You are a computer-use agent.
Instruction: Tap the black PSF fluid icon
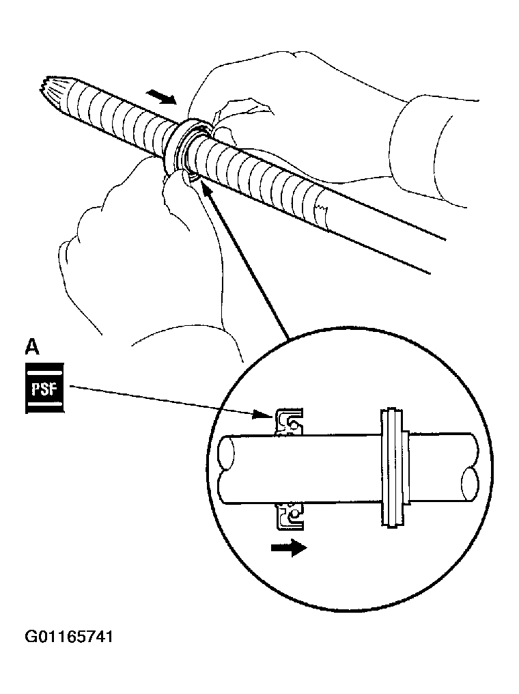pos(44,388)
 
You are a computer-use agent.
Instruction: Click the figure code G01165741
pos(69,637)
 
